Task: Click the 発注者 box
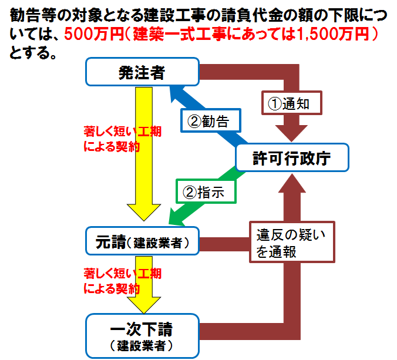142,72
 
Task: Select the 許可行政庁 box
292,157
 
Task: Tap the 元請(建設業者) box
142,241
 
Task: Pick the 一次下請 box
142,336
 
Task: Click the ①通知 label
292,103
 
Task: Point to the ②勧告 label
211,120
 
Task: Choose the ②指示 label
206,191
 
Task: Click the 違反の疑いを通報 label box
292,242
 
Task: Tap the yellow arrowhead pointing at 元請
144,211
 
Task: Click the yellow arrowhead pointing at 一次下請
144,305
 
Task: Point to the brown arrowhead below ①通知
291,133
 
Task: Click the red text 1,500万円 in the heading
333,34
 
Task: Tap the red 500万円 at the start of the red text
94,34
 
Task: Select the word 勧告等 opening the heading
33,15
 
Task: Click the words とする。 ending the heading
33,53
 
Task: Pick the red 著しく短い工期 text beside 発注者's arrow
123,132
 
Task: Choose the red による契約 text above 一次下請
112,288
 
